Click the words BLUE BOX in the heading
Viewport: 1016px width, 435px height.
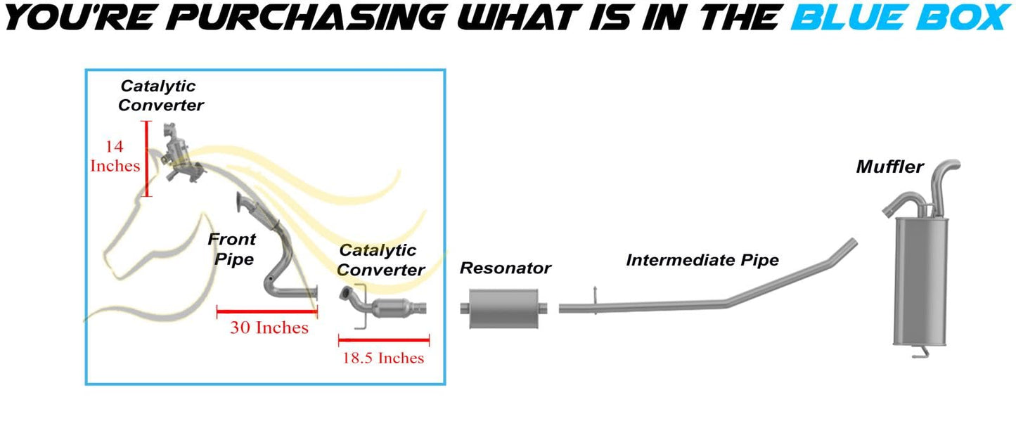899,17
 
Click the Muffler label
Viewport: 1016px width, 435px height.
889,167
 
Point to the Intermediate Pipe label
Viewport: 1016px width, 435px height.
702,260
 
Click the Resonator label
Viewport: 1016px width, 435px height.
505,268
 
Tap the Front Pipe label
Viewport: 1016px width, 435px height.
231,249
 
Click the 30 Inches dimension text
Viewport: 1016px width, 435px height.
269,327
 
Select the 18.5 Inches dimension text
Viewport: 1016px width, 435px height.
383,358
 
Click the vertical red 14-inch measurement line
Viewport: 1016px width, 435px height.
147,158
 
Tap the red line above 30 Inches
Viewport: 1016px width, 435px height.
267,309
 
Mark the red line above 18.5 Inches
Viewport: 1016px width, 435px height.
384,341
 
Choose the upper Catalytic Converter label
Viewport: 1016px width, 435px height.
161,96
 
